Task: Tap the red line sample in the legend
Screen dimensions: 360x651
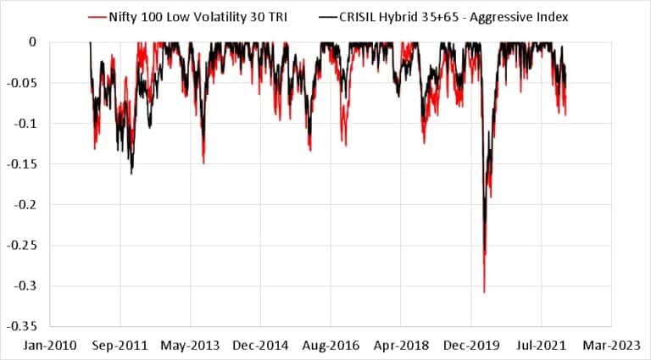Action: (96, 16)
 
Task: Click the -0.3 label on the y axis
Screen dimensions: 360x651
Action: (27, 285)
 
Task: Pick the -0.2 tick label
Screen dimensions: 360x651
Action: (27, 204)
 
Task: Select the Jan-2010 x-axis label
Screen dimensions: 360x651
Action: (50, 346)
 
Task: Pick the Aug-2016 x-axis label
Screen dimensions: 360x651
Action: (331, 346)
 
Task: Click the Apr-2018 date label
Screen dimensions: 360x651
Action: (401, 346)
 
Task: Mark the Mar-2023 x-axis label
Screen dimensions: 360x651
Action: (612, 346)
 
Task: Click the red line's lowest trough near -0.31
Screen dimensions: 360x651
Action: (484, 291)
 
